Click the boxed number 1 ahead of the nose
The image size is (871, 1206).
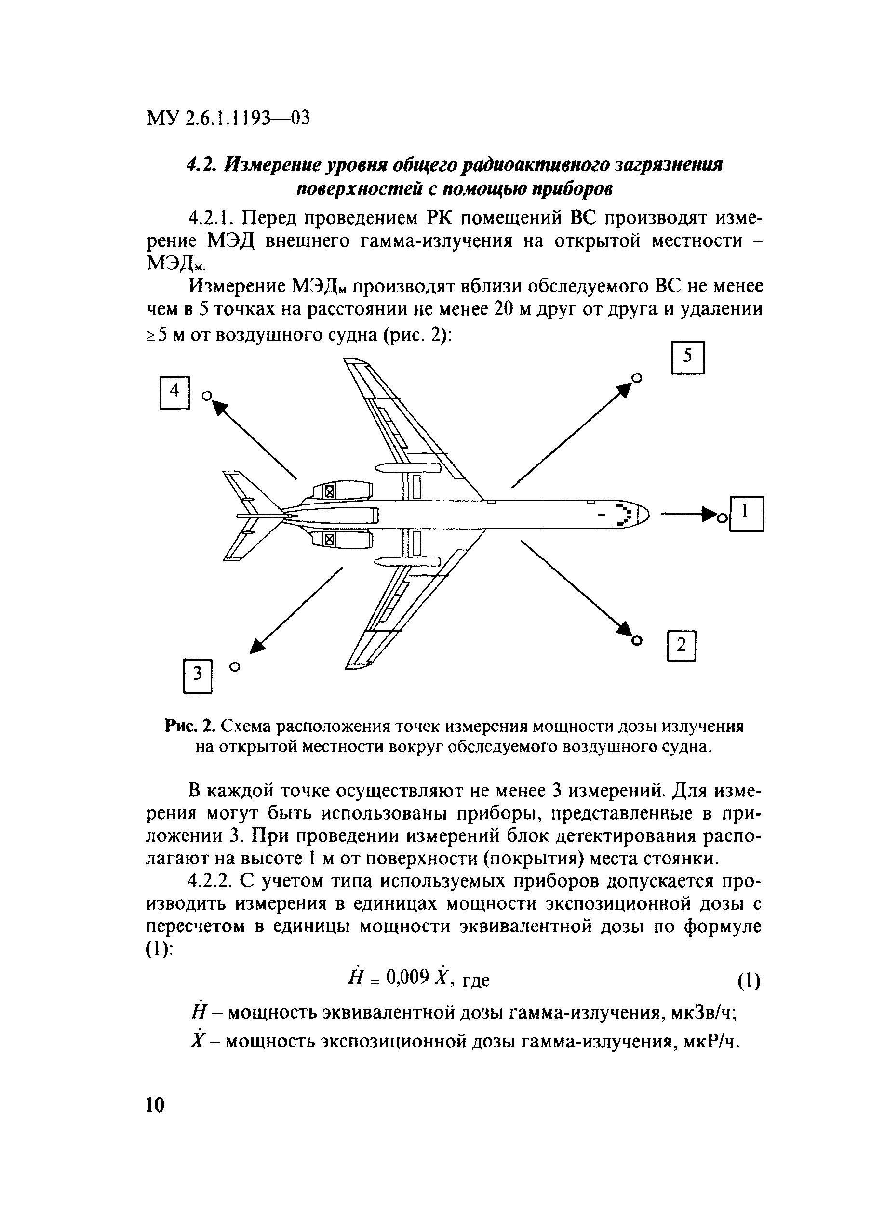click(746, 513)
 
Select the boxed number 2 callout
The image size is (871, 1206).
click(681, 646)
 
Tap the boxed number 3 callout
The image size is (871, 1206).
click(198, 676)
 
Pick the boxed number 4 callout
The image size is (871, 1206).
click(174, 392)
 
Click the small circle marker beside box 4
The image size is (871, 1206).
click(206, 396)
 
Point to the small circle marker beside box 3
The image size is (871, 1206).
click(235, 666)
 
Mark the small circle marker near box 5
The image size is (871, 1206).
click(636, 378)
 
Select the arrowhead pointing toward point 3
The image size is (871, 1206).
click(257, 645)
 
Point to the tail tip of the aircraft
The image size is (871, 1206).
click(240, 515)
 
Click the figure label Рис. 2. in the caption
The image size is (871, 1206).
click(190, 726)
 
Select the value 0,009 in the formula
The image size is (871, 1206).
click(408, 976)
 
